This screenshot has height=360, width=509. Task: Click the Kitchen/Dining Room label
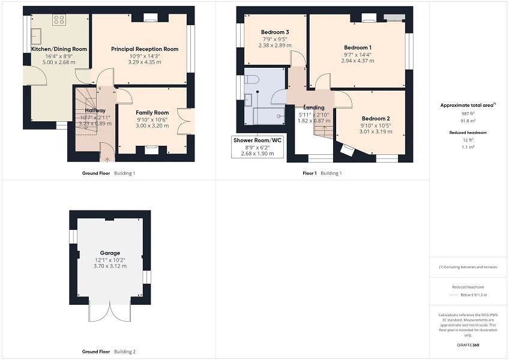pyautogui.click(x=59, y=49)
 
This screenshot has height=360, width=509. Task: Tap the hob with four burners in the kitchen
pyautogui.click(x=59, y=20)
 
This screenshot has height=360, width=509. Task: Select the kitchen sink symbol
pyautogui.click(x=35, y=34)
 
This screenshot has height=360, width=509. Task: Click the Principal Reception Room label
pyautogui.click(x=145, y=49)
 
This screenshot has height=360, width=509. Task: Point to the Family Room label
pyautogui.click(x=152, y=112)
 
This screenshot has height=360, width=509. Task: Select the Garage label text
pyautogui.click(x=110, y=253)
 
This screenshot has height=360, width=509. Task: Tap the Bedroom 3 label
pyautogui.click(x=275, y=32)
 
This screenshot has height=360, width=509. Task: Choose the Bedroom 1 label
pyautogui.click(x=357, y=47)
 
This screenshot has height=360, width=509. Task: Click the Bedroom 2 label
pyautogui.click(x=376, y=118)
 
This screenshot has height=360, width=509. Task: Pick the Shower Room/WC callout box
pyautogui.click(x=258, y=146)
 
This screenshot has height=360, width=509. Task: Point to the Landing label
pyautogui.click(x=314, y=107)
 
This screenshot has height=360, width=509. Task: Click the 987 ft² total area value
pyautogui.click(x=468, y=113)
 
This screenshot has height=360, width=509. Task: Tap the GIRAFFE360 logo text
pyautogui.click(x=468, y=345)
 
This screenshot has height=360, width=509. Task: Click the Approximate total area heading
pyautogui.click(x=466, y=105)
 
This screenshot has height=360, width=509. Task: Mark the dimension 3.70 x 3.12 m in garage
pyautogui.click(x=110, y=266)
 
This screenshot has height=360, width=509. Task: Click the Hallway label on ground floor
pyautogui.click(x=95, y=110)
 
